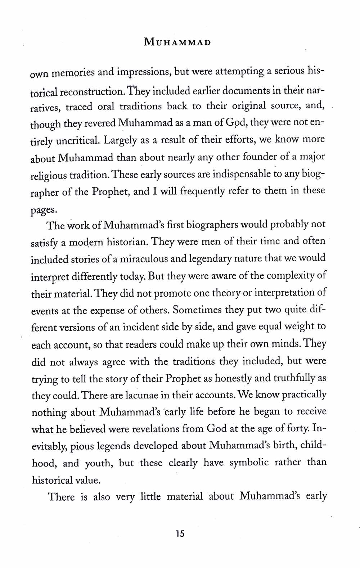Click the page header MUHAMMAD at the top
[x=177, y=43]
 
